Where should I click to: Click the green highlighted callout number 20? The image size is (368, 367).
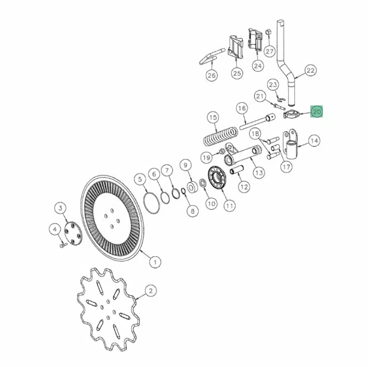[316, 112]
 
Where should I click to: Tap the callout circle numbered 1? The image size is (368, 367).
[155, 262]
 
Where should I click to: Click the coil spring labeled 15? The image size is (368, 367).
[220, 136]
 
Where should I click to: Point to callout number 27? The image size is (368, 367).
[270, 51]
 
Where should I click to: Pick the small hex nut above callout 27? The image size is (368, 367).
[268, 32]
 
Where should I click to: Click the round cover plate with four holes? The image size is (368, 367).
[73, 234]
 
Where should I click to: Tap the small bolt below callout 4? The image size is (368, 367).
[63, 245]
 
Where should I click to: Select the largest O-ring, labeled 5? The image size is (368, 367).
[152, 203]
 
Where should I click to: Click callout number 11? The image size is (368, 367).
[229, 206]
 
